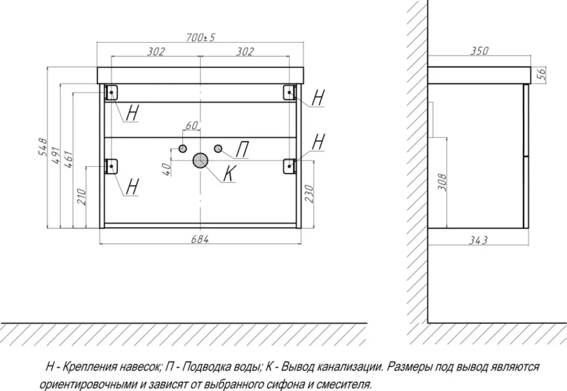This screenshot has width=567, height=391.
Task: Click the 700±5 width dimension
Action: point(200,37)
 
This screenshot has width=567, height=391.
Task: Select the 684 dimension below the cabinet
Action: point(199,239)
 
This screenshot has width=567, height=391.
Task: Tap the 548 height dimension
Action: point(42,147)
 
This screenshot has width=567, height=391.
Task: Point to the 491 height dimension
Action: point(56,155)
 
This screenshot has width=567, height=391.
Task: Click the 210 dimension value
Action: point(81,197)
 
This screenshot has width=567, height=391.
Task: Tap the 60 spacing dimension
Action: point(192,125)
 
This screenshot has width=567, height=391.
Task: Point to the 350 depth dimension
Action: point(479,51)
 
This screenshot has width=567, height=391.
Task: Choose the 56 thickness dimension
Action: point(541,74)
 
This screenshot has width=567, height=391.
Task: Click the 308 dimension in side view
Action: point(442,182)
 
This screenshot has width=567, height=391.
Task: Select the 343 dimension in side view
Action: point(478,240)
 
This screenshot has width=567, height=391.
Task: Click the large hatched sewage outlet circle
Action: point(200,160)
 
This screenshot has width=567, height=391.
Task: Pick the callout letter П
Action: point(243,150)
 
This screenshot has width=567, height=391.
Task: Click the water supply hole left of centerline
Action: point(182,148)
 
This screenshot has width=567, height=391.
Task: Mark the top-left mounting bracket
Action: point(112,92)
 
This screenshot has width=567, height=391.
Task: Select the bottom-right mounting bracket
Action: point(290,166)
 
